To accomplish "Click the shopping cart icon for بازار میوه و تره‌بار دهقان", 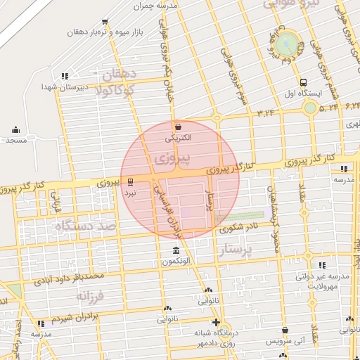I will (105, 22).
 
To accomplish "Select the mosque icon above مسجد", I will (15, 129).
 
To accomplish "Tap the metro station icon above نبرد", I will (130, 182).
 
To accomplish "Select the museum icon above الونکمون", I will (175, 251).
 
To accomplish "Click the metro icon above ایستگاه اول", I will (303, 82).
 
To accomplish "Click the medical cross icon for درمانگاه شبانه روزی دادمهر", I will (215, 324).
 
